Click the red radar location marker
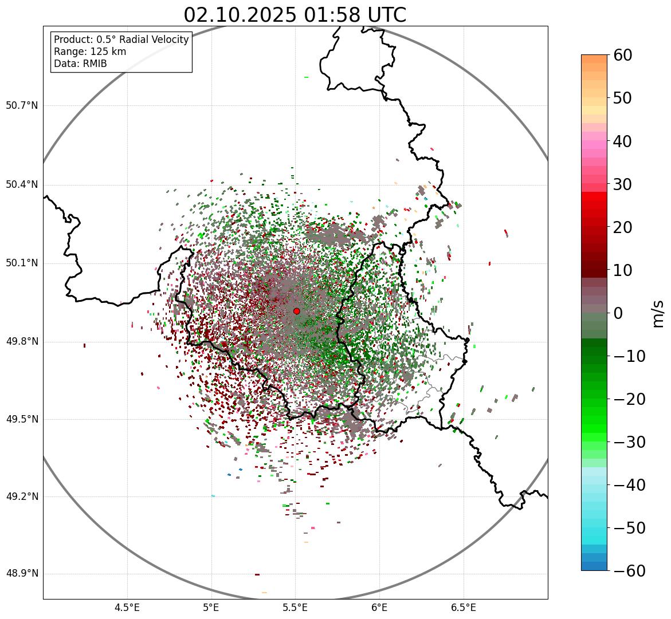(x=296, y=311)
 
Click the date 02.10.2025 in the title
(x=240, y=15)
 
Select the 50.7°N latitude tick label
(x=22, y=105)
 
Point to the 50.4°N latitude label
(x=22, y=184)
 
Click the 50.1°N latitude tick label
(x=22, y=263)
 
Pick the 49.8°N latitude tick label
(x=22, y=342)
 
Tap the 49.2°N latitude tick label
(x=22, y=496)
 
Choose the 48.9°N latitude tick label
(x=22, y=574)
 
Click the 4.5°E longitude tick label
(x=127, y=608)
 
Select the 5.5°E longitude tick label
(x=295, y=608)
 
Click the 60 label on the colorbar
(x=622, y=55)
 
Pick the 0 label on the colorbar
(x=618, y=313)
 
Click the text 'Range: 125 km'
(x=90, y=52)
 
